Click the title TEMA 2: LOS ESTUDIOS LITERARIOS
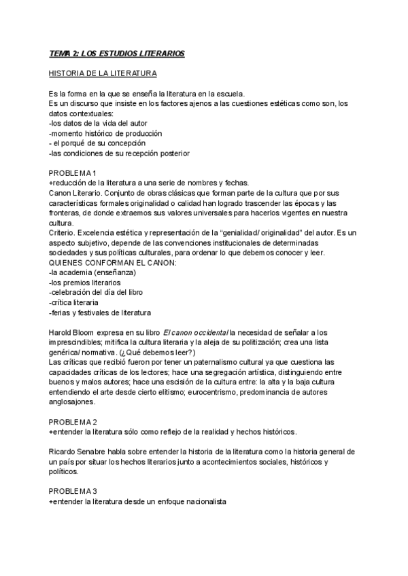(116, 53)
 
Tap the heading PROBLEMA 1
(77, 173)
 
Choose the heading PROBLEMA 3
(77, 491)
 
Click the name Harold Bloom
(75, 333)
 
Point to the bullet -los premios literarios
(85, 283)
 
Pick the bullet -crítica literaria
(74, 302)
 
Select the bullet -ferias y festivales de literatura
(100, 312)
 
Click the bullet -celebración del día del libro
(96, 293)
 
